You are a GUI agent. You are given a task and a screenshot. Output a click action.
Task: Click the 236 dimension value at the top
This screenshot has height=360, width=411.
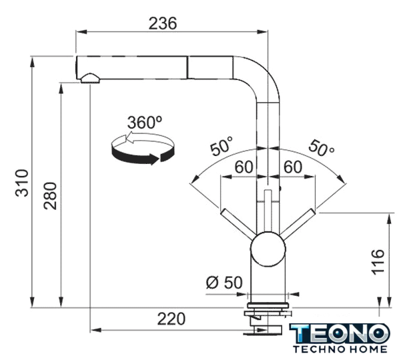163,23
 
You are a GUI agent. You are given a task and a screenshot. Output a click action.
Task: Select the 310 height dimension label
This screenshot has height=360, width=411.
22,183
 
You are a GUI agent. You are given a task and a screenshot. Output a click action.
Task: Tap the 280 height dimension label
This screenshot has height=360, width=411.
50,196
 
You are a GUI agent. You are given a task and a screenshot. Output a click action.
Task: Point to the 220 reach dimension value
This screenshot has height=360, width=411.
171,319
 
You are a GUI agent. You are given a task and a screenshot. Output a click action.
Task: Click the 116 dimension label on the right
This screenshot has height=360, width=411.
378,262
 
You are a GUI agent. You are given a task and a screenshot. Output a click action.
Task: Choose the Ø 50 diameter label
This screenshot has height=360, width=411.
224,283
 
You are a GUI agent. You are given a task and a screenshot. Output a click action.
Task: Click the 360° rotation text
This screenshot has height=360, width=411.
144,122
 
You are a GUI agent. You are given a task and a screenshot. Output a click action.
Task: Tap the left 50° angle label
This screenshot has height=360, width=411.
222,145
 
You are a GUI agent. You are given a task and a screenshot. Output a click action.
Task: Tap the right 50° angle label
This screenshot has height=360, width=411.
322,148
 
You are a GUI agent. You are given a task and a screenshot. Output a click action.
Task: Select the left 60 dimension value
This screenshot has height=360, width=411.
244,167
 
